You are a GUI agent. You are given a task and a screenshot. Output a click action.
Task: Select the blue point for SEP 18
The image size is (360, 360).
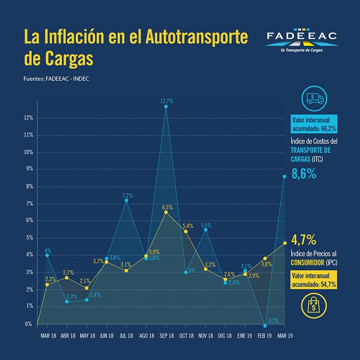pyautogui.click(x=166, y=107)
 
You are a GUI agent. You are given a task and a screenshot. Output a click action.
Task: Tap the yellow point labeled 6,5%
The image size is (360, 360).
pyautogui.click(x=166, y=212)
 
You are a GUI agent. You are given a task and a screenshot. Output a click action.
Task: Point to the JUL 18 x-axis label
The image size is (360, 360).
pyautogui.click(x=126, y=336)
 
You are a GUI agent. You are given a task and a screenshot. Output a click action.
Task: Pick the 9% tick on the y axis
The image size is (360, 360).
pyautogui.click(x=29, y=169)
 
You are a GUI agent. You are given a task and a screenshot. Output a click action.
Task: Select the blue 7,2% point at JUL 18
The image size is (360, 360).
pyautogui.click(x=126, y=201)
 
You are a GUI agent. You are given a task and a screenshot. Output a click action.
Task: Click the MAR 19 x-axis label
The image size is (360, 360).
pyautogui.click(x=285, y=336)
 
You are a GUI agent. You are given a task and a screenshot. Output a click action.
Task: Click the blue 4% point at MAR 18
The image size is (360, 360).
pyautogui.click(x=47, y=255)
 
